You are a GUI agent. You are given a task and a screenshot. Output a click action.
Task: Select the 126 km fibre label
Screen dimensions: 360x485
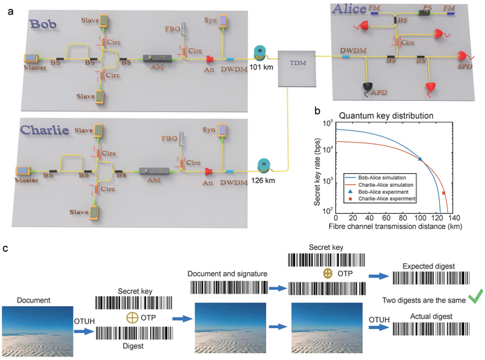click(264, 181)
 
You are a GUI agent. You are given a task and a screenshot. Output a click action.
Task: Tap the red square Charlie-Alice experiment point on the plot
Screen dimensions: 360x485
click(443, 193)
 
